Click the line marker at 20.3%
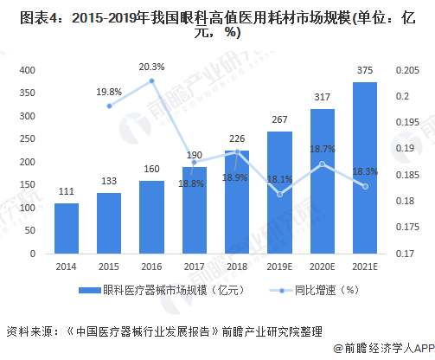[x=151, y=80]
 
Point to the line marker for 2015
[x=109, y=106]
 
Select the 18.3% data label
[x=364, y=172]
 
